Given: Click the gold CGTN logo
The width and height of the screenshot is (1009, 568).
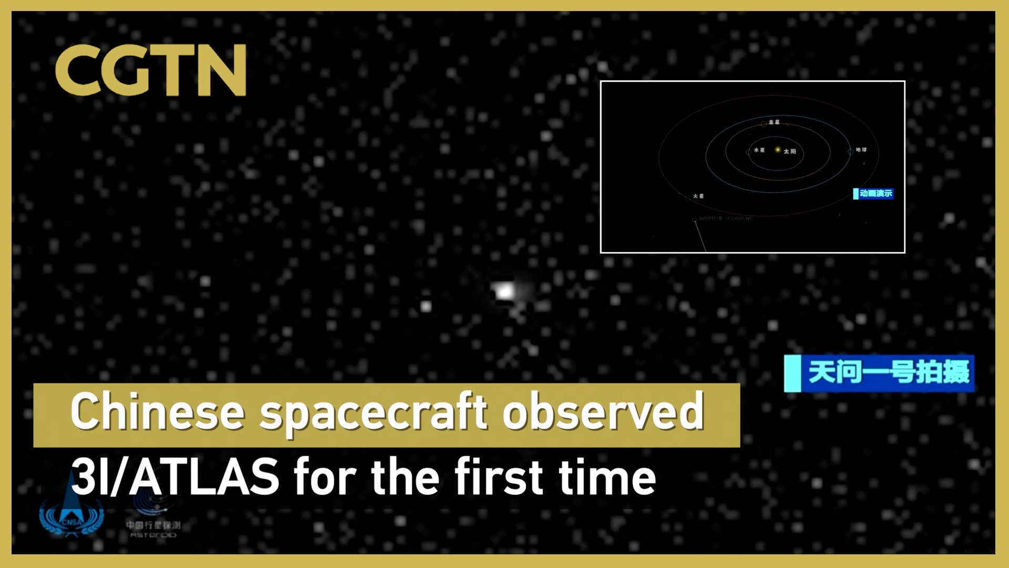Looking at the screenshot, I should coord(150,70).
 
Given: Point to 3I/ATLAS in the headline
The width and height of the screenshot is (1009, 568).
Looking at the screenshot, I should coord(175,476).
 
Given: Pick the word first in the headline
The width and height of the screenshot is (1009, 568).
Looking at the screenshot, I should coord(499,476).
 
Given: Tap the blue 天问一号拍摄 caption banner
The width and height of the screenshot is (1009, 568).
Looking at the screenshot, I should coord(879,373).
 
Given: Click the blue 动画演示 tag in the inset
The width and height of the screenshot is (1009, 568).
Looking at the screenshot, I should coord(873,194).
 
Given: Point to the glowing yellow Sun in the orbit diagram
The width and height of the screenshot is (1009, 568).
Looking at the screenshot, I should coord(778,150).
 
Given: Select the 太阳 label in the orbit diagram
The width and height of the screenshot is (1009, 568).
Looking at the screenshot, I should coord(789,151).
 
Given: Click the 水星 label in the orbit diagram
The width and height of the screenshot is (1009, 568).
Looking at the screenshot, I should coord(759,150).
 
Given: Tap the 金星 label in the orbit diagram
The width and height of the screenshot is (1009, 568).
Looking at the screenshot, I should coord(774,122).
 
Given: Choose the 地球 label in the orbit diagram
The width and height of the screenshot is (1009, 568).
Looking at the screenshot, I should coord(861,150).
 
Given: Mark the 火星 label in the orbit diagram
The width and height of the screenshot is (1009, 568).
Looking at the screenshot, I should coord(698,196).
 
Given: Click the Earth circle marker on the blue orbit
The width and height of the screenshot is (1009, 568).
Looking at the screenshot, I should coord(850,151).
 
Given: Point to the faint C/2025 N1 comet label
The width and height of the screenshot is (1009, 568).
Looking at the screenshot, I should coord(739,218).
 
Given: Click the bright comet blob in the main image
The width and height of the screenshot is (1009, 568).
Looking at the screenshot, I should coord(505,291).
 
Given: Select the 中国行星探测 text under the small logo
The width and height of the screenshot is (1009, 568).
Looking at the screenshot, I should coord(153,525).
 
